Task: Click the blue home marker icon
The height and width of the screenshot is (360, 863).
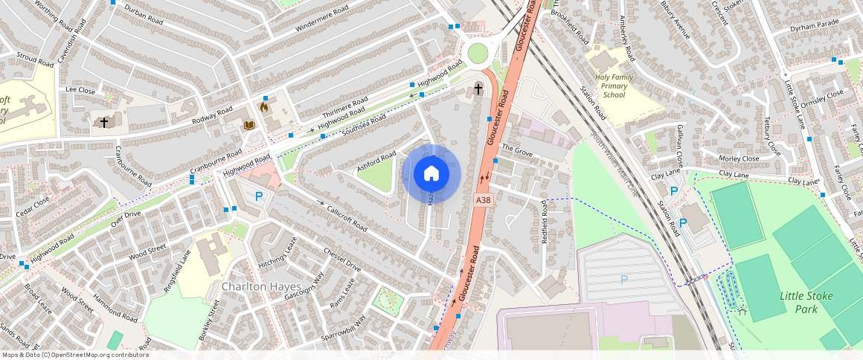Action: tap(431, 174)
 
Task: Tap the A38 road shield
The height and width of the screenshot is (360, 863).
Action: tap(483, 200)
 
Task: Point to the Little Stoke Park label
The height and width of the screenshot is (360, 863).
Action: tap(806, 302)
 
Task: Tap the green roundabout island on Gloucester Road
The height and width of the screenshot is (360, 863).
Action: tap(478, 53)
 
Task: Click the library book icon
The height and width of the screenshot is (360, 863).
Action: tap(249, 124)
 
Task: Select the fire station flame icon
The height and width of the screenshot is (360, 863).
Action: tap(264, 107)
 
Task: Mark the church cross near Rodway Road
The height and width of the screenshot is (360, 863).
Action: tap(104, 121)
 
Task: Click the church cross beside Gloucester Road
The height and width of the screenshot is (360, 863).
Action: tap(478, 90)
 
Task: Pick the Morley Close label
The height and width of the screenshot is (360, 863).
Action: tap(739, 158)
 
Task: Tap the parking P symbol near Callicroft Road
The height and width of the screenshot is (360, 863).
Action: tap(259, 196)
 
